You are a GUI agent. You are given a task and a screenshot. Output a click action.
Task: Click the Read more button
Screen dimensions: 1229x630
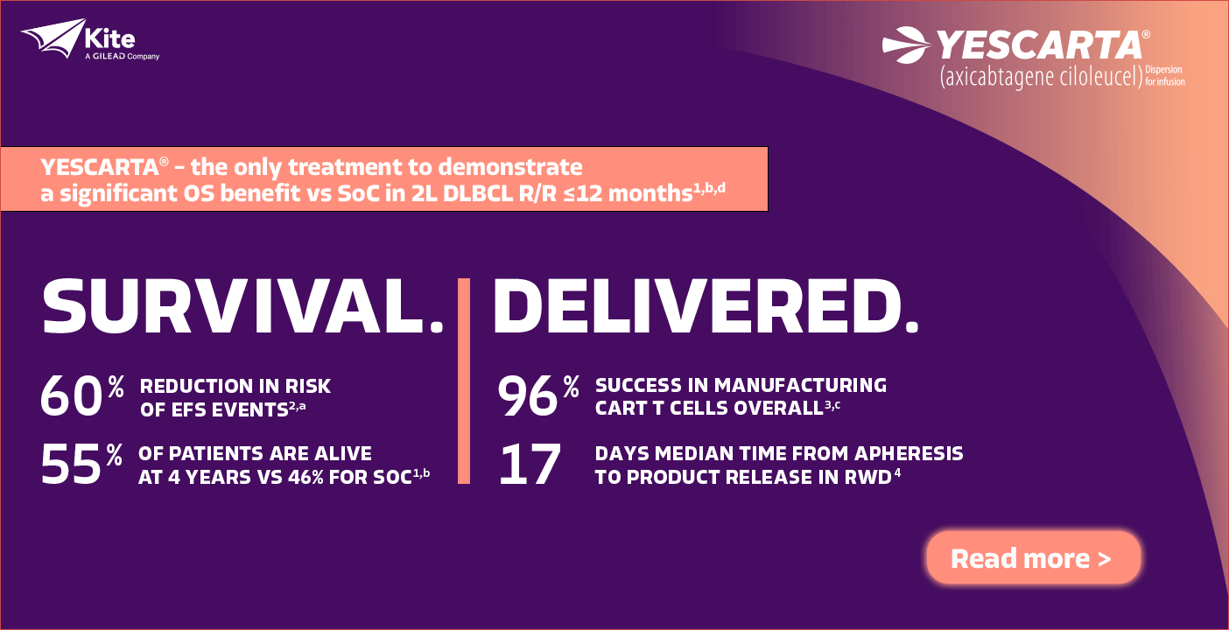1034,557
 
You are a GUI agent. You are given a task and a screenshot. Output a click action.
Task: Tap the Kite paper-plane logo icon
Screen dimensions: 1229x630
53,38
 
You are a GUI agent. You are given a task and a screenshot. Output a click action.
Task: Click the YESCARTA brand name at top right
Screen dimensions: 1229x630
1039,45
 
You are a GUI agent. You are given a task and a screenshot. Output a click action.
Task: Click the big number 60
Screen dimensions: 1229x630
71,395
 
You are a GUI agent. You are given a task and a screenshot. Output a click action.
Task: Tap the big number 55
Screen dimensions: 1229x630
71,465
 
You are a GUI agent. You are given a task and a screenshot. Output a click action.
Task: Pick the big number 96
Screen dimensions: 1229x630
527,395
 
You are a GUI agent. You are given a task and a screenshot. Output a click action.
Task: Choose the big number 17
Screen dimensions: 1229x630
530,465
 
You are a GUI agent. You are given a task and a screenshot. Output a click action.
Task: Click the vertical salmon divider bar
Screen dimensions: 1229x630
464,381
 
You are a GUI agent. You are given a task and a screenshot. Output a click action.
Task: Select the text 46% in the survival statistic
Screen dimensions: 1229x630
305,478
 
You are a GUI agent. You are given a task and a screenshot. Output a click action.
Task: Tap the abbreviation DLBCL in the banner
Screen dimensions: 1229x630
477,194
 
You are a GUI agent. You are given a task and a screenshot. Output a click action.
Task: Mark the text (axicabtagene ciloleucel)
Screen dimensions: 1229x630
1042,77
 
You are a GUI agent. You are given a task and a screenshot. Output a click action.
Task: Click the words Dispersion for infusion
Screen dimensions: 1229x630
1165,75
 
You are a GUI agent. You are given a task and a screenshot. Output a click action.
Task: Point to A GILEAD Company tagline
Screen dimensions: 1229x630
123,57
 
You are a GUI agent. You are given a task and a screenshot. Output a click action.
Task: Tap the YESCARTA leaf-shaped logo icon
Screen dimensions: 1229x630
906,45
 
